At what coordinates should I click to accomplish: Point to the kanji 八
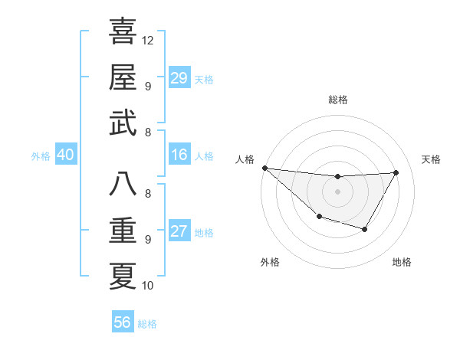[x=123, y=184]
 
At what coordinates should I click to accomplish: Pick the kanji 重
[x=123, y=229]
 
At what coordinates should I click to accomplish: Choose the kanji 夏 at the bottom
[x=123, y=275]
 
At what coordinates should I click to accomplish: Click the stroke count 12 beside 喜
[x=148, y=40]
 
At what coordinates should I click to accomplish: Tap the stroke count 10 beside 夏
[x=148, y=286]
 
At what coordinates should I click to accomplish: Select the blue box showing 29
[x=179, y=78]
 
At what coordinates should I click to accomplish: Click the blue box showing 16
[x=179, y=155]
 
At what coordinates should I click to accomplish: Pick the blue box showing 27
[x=179, y=231]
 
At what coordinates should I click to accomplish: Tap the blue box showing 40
[x=65, y=155]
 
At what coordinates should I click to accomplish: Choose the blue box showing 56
[x=122, y=322]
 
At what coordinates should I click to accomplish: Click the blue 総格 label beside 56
[x=147, y=324]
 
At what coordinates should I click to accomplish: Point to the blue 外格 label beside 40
[x=41, y=156]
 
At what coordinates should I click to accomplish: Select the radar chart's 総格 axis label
[x=337, y=100]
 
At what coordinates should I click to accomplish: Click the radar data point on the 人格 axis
[x=264, y=168]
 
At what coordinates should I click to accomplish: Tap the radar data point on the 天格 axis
[x=396, y=172]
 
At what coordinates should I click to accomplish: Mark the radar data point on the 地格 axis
[x=365, y=229]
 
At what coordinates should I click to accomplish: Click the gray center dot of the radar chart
[x=337, y=191]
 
